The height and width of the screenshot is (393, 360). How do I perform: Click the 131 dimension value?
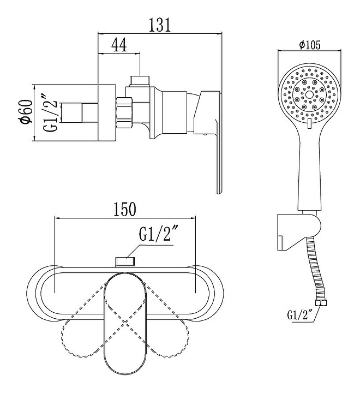tap(160, 25)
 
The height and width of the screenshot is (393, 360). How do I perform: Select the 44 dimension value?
tap(119, 45)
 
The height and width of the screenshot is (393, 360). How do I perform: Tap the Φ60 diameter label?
tap(26, 112)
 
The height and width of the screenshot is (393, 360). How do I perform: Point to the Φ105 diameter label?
tap(310, 45)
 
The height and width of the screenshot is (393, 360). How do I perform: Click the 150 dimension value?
tap(125, 209)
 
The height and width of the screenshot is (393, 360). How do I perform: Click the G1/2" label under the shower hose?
tap(300, 315)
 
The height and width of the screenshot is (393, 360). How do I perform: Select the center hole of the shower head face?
tap(309, 94)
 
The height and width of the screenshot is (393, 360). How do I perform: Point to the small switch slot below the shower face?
tap(310, 123)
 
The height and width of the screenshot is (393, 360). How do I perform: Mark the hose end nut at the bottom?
tap(322, 303)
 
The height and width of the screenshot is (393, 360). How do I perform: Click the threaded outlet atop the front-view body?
tap(125, 262)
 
